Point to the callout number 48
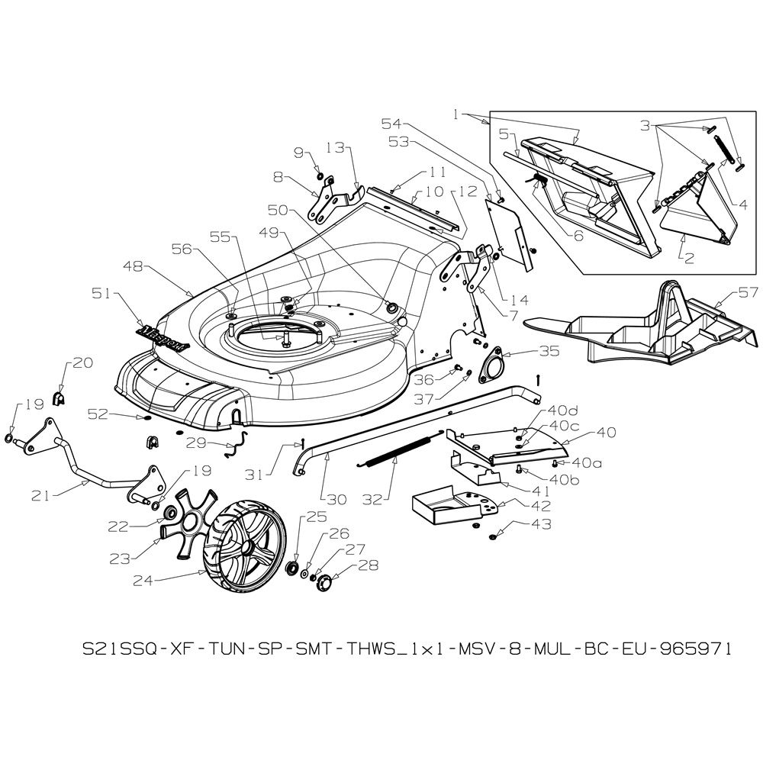coord(133,267)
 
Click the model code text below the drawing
coord(407,649)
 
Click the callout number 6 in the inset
coord(578,237)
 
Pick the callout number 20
coord(82,364)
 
